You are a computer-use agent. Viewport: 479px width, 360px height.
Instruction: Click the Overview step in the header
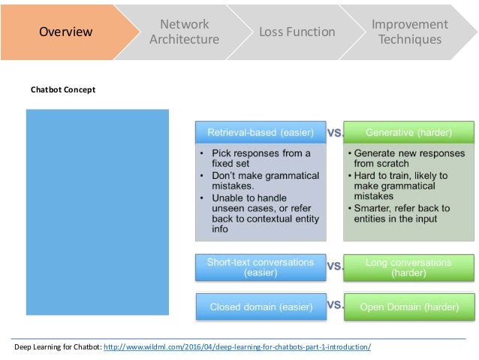(x=65, y=32)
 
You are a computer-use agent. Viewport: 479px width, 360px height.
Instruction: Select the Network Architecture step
(x=184, y=32)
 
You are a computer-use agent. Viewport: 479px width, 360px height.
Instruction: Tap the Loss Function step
(x=297, y=32)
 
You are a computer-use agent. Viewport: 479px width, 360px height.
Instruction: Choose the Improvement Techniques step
(x=409, y=32)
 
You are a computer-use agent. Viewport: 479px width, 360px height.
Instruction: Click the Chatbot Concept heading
(x=63, y=89)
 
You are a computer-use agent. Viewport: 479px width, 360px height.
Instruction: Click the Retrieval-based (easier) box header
(x=260, y=133)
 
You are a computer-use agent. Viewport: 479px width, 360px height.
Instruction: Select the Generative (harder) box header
(x=408, y=133)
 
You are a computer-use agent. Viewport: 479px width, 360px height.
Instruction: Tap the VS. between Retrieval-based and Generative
(x=336, y=132)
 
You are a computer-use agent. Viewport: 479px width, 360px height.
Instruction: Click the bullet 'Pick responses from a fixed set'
(x=259, y=159)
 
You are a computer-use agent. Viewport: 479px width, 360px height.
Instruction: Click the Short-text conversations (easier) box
(x=260, y=268)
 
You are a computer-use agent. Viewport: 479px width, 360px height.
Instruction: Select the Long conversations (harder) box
(x=408, y=268)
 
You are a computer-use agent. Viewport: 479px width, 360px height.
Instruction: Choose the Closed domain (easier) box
(x=260, y=306)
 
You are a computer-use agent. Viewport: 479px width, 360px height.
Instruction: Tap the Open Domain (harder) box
(x=408, y=306)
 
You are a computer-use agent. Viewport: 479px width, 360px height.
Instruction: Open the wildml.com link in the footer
(x=236, y=347)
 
